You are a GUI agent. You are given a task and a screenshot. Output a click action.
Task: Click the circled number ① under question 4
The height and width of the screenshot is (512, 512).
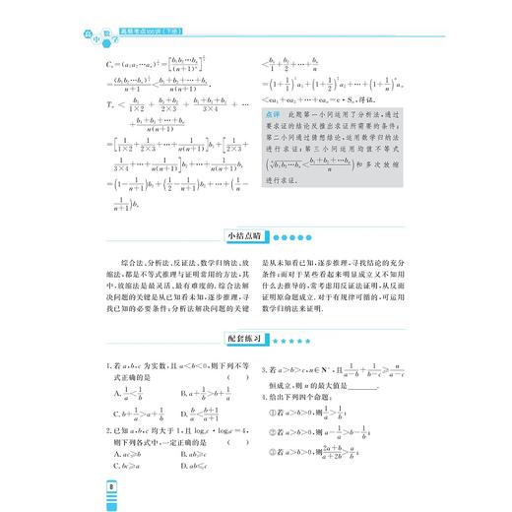click(x=273, y=415)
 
